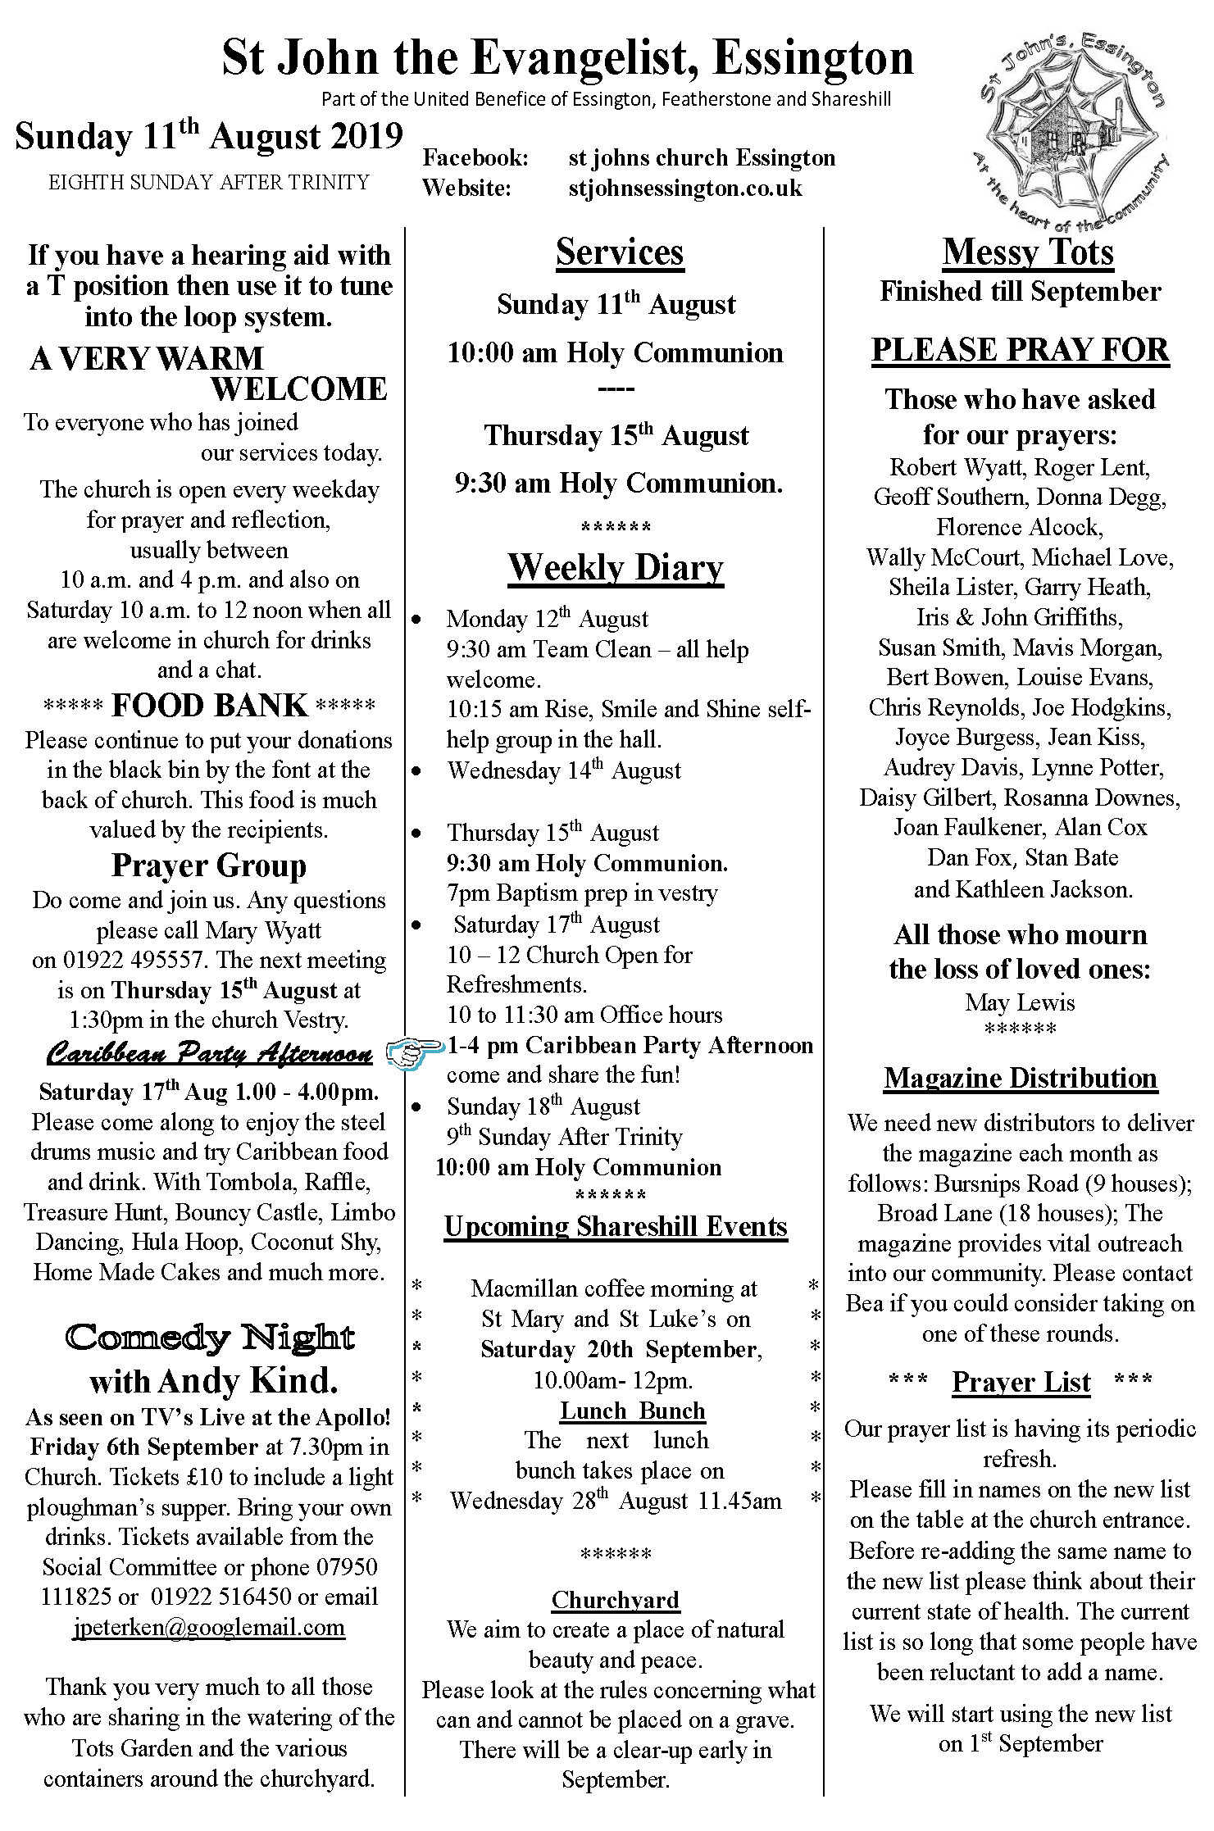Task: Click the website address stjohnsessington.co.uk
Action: click(x=684, y=188)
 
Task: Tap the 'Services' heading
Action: click(x=619, y=252)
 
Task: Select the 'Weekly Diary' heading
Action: click(x=616, y=567)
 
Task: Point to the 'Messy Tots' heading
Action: click(x=1028, y=252)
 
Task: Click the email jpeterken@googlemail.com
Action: click(x=209, y=1627)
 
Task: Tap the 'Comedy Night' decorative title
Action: click(x=210, y=1338)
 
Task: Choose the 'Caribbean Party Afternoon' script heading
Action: click(x=209, y=1052)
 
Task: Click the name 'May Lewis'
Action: click(x=1020, y=1002)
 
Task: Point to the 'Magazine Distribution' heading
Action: click(x=1021, y=1078)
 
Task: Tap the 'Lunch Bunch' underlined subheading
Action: click(x=632, y=1411)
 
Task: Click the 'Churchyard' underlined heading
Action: click(x=616, y=1599)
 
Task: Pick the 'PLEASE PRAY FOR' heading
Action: click(x=1021, y=350)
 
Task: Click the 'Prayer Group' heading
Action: click(x=209, y=866)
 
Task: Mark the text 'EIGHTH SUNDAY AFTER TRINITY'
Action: click(x=209, y=182)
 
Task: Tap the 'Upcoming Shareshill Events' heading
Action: click(x=616, y=1226)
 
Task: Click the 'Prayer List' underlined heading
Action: click(x=1021, y=1382)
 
